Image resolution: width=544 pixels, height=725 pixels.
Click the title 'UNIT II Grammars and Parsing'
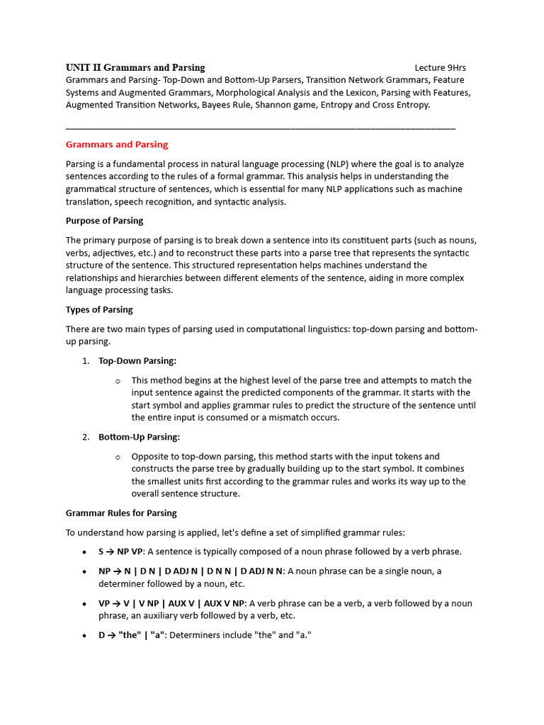135,68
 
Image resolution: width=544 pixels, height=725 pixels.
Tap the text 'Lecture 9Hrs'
440,68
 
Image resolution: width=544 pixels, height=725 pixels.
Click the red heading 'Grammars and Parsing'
117,144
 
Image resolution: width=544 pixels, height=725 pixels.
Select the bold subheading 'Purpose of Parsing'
104,221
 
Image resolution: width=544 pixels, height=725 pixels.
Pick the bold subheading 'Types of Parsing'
99,310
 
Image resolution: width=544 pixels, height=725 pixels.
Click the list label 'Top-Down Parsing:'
137,361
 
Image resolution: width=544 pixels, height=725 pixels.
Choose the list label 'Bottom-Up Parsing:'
139,438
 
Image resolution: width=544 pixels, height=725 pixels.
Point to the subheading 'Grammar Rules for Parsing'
121,513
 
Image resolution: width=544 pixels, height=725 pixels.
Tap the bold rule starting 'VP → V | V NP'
171,604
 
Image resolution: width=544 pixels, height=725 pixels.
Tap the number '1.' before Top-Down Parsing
86,361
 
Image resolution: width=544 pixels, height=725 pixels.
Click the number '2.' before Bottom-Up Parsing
86,438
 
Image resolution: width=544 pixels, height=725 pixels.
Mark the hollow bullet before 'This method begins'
118,381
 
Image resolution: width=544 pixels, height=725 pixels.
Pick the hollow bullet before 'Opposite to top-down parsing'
118,457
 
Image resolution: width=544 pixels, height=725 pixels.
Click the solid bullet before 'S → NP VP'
85,552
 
